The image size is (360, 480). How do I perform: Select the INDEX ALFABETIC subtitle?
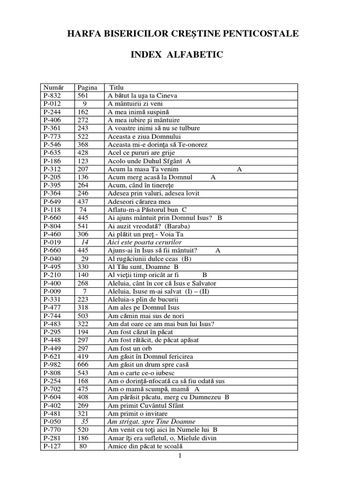[x=177, y=55]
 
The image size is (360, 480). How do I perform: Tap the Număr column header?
[x=52, y=88]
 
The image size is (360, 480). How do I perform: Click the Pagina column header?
[x=88, y=88]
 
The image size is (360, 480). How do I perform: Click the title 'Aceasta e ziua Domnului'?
[x=141, y=136]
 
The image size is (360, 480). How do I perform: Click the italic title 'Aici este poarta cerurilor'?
[x=144, y=243]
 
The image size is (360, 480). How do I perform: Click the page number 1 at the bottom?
[x=180, y=456]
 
